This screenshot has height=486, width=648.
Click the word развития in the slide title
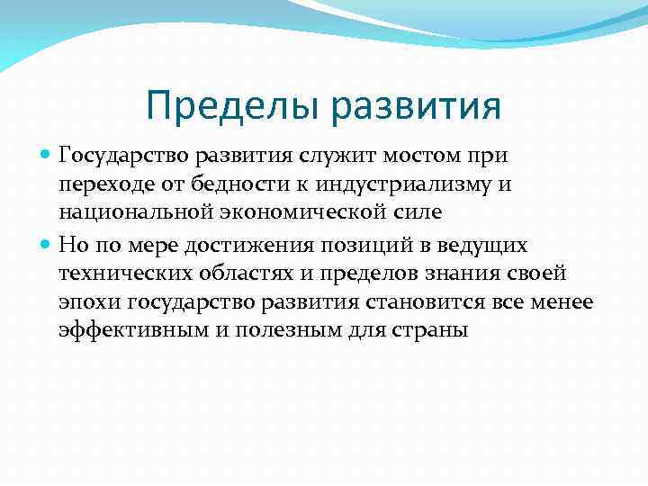[x=416, y=106]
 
